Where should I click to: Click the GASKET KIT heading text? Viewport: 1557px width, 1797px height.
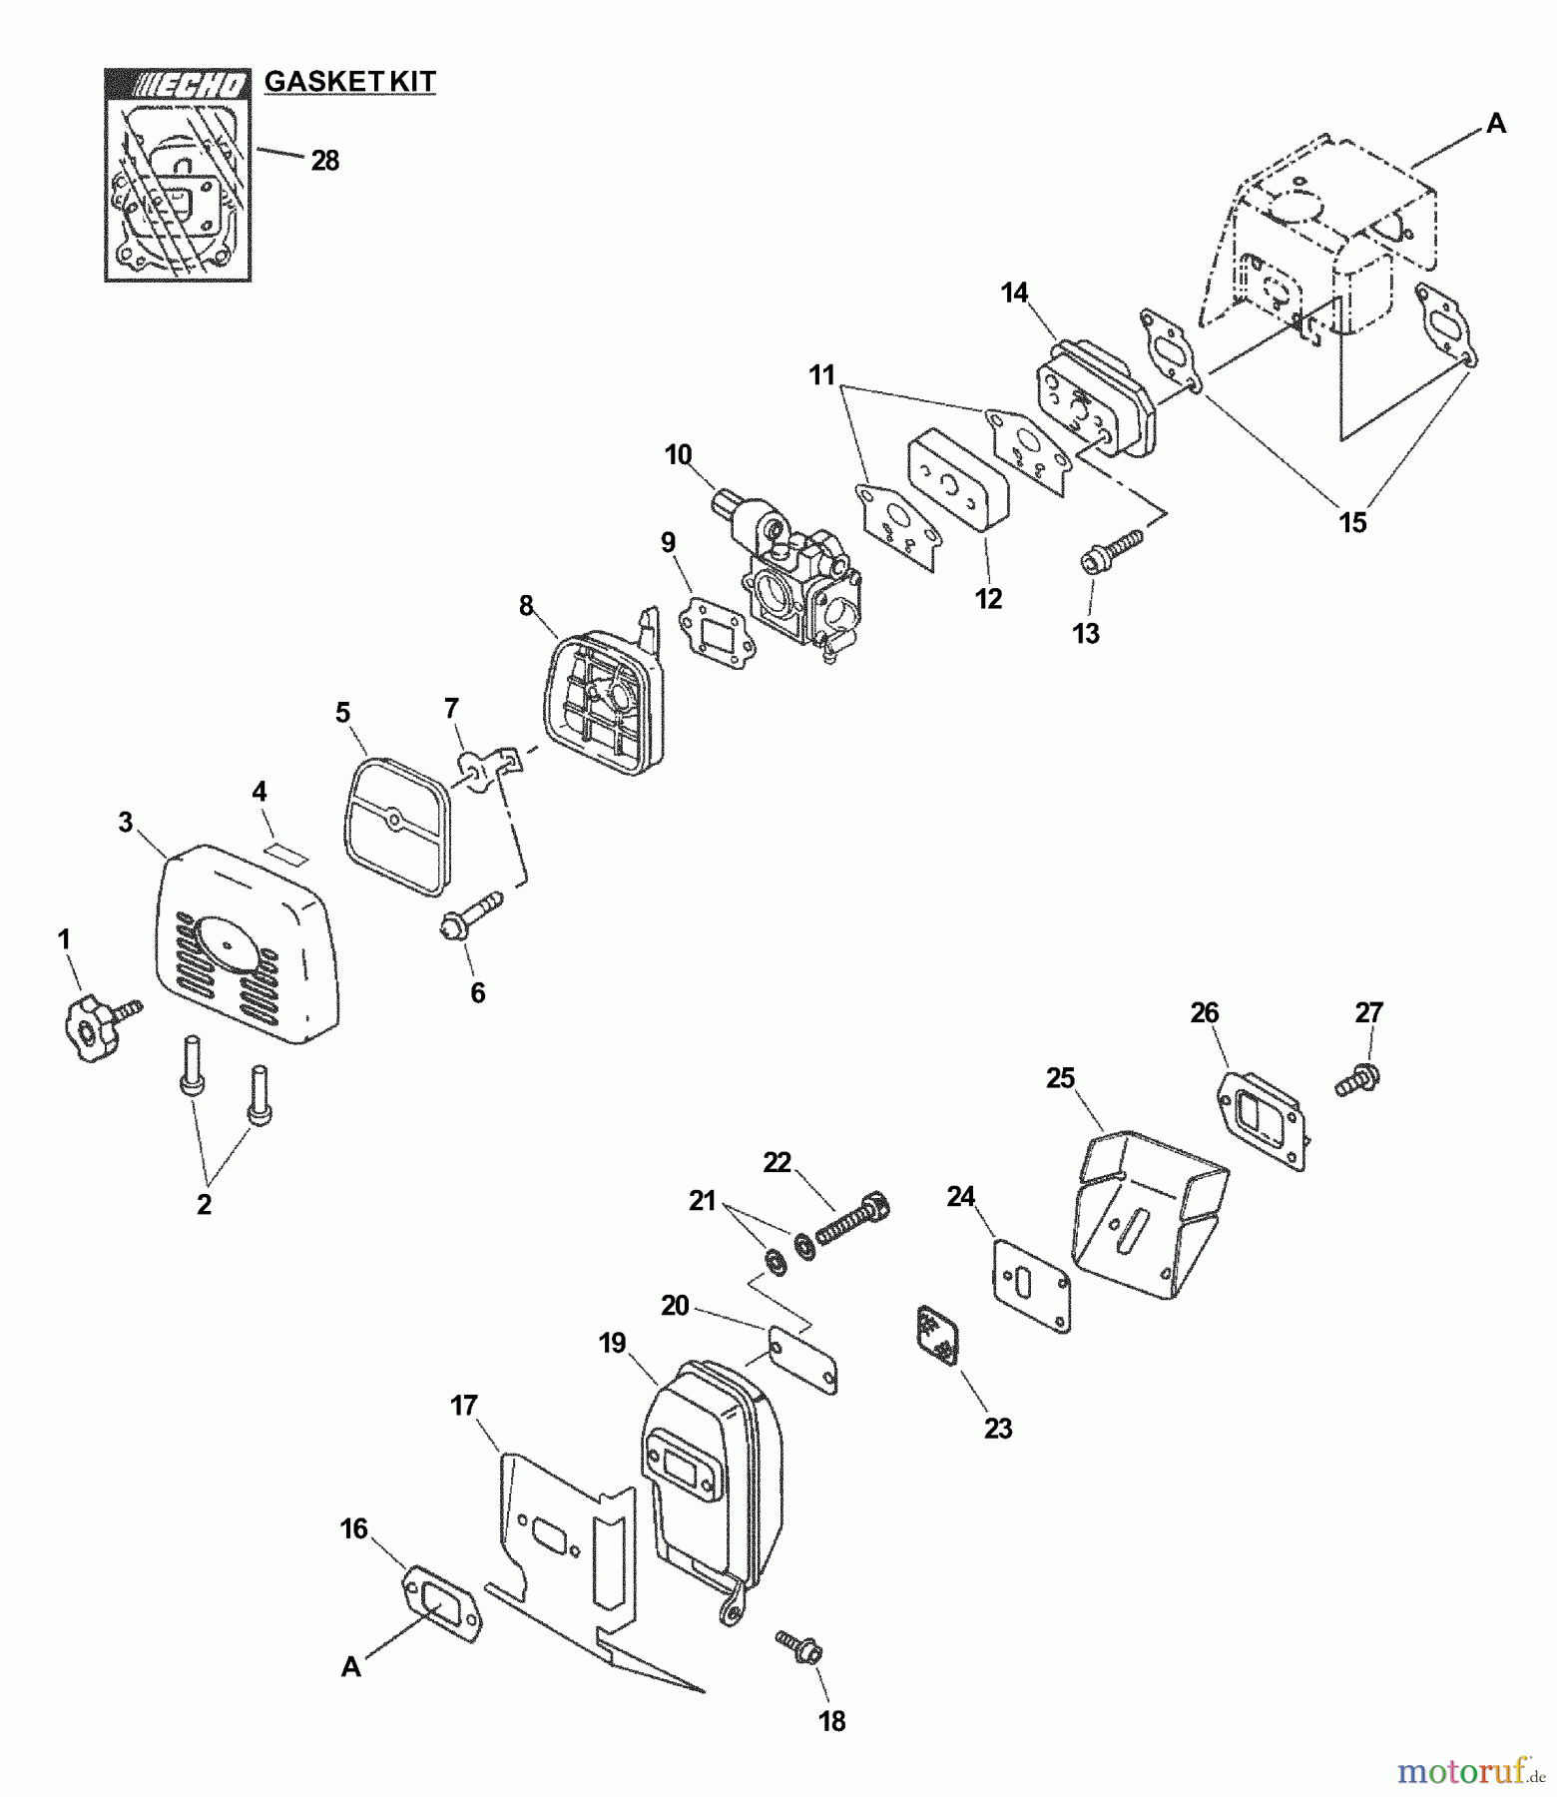tap(349, 81)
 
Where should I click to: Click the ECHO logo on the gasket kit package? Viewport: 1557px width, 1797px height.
tap(179, 86)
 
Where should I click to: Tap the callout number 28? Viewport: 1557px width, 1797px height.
tap(325, 161)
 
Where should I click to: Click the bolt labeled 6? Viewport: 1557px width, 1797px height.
tap(469, 914)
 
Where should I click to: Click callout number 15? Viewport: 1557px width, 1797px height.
tap(1352, 522)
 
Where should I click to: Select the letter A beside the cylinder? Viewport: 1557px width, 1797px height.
tap(1495, 124)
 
